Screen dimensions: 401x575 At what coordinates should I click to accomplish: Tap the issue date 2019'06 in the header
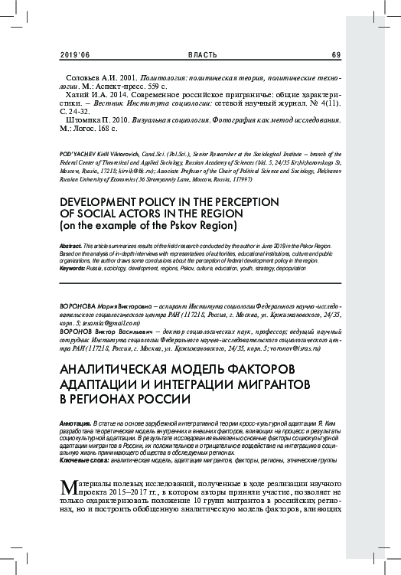click(73, 54)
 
